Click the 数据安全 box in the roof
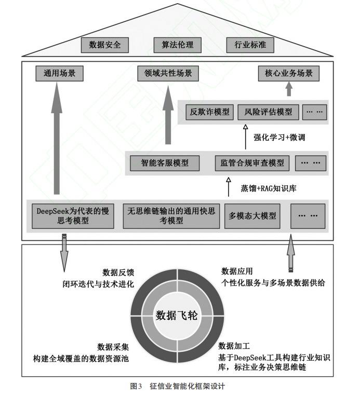pos(105,45)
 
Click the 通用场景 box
pos(59,74)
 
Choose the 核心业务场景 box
pos(288,74)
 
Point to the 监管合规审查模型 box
pos(252,163)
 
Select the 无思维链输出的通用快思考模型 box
pos(171,216)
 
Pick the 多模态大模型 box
pos(252,216)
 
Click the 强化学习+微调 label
pos(278,138)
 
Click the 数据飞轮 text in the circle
pos(177,315)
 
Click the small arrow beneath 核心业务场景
pos(289,89)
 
